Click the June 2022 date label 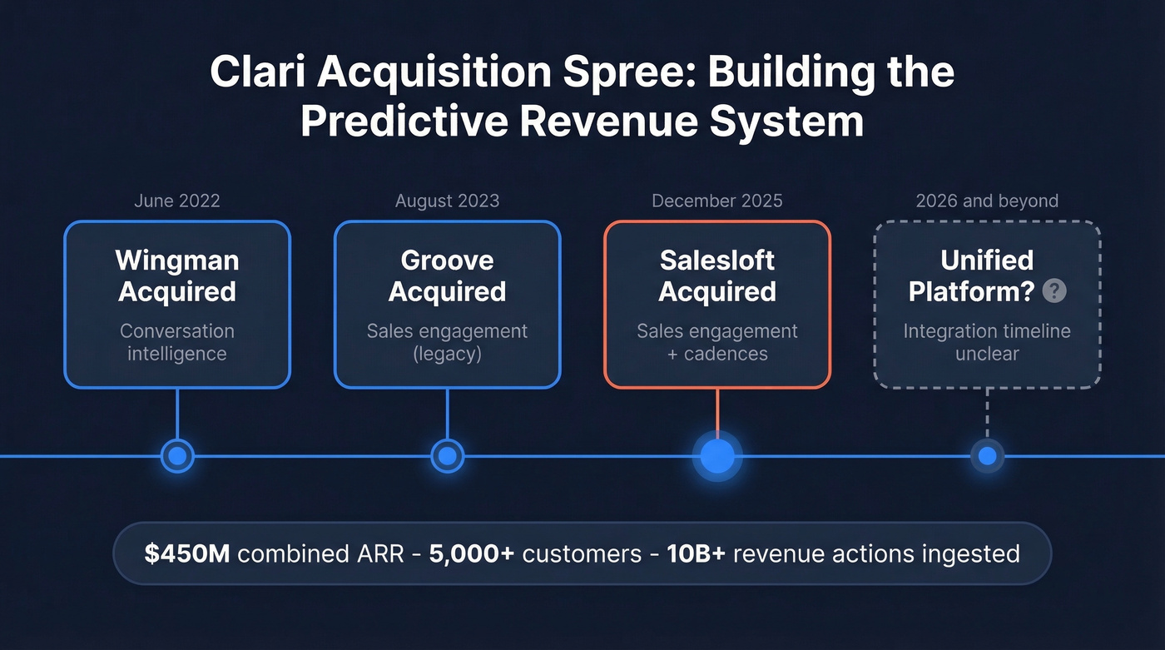[176, 201]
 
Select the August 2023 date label [447, 201]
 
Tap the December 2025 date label [716, 201]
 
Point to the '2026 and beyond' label [987, 201]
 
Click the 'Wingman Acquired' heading [176, 275]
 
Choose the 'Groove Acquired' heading [447, 275]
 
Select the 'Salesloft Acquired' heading [716, 275]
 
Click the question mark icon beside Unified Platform [1054, 290]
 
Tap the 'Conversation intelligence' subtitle [176, 342]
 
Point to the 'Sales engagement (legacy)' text [447, 342]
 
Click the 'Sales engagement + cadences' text [716, 342]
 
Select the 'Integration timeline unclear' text [987, 342]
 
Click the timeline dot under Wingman [176, 456]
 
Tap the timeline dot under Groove [447, 456]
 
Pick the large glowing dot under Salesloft [717, 456]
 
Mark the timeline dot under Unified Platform [987, 456]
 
